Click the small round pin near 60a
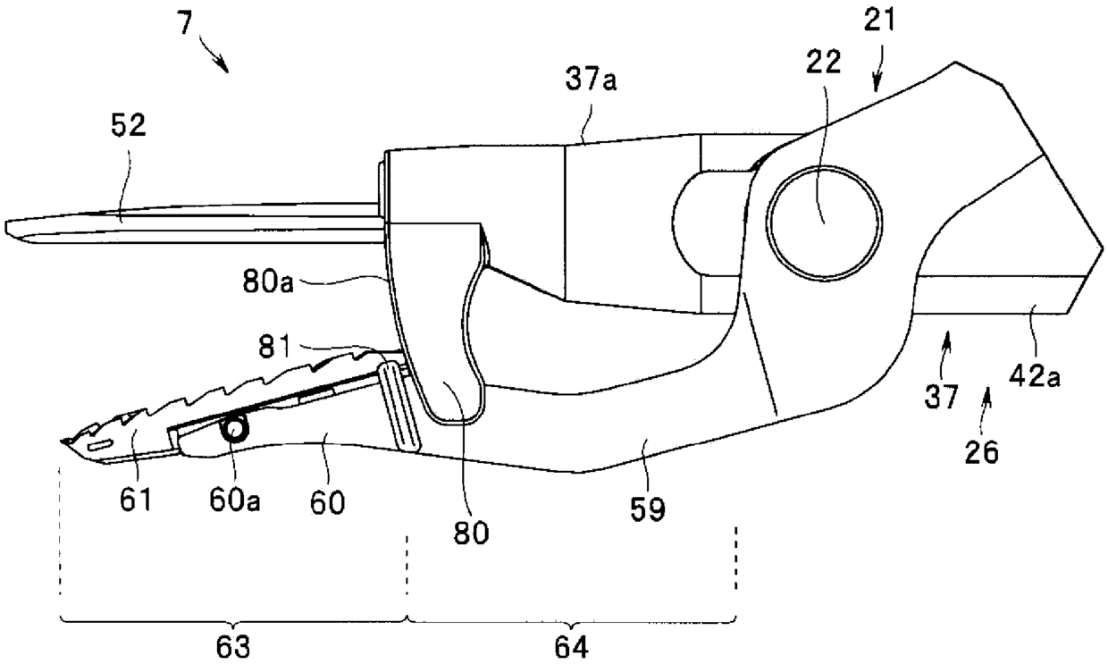[x=237, y=431]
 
